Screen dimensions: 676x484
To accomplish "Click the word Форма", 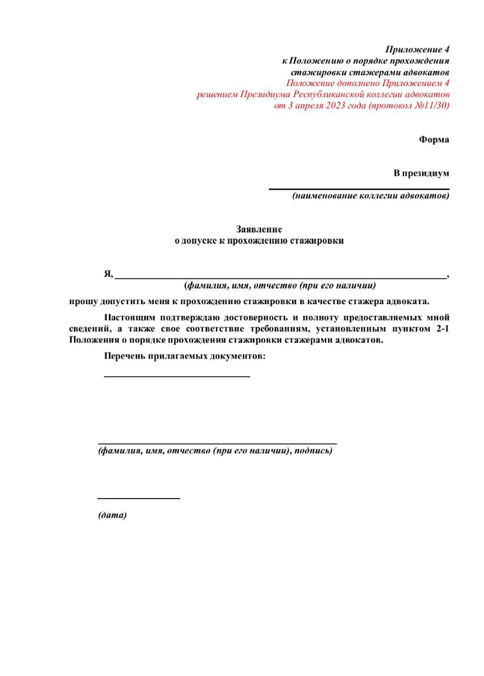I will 434,140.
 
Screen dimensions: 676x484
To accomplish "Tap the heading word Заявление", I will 259,229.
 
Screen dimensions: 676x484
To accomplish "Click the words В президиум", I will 421,173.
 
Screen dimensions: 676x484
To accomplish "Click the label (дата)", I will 113,515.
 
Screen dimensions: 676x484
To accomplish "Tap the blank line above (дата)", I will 138,498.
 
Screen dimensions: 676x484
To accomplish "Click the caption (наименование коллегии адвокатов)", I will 371,196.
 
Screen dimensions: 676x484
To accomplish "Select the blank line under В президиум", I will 359,189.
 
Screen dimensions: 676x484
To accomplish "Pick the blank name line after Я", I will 280,277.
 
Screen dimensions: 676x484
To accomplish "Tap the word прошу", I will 81,302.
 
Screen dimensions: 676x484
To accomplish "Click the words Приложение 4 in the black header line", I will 417,50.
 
